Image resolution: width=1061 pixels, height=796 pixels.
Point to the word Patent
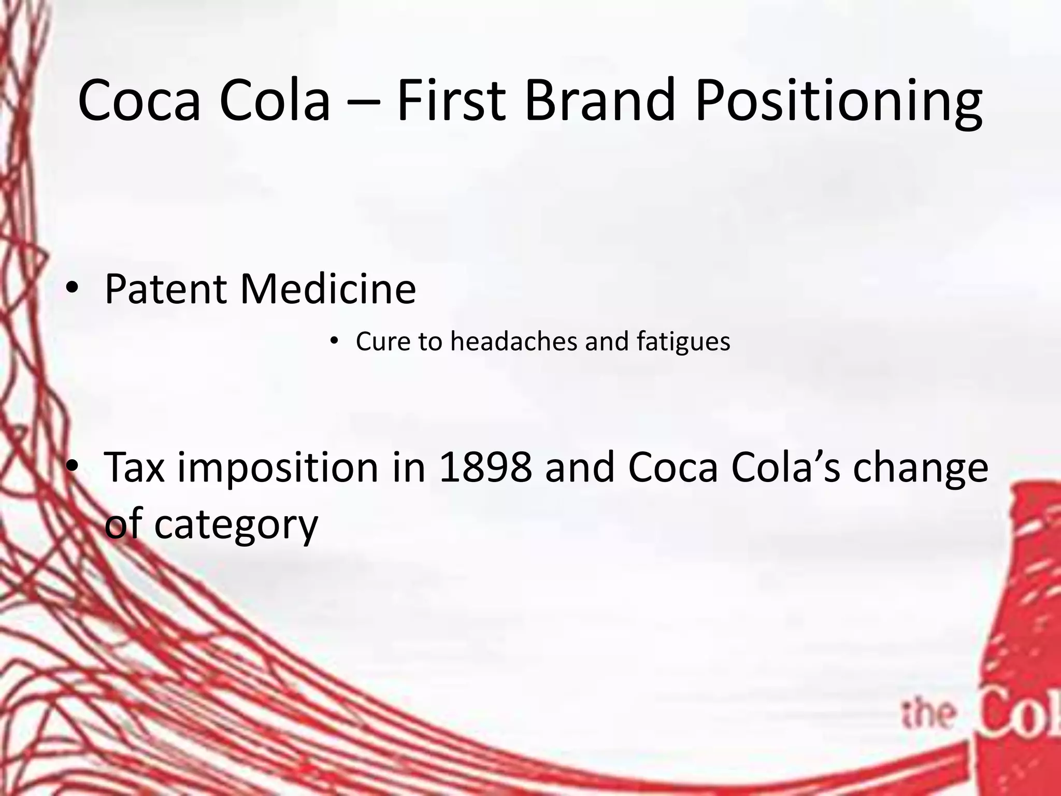(x=166, y=289)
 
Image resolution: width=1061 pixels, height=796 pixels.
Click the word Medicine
(x=328, y=289)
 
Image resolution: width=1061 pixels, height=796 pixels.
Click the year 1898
(x=485, y=467)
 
